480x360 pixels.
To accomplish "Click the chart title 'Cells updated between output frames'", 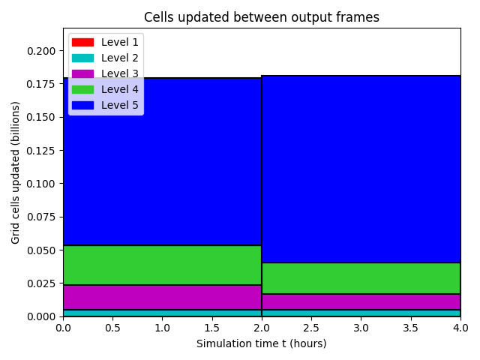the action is (x=262, y=17).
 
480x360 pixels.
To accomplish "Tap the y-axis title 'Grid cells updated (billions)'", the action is (x=15, y=172).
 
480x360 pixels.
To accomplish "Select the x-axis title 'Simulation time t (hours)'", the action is (x=262, y=343).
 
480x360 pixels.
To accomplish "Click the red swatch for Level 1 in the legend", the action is (x=82, y=42).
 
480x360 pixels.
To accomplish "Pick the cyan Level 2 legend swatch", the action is (x=82, y=58).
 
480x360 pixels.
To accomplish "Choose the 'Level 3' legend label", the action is (x=120, y=73).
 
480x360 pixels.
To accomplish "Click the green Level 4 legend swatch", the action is (x=82, y=89).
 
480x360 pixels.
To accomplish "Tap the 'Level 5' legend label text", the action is (x=120, y=105).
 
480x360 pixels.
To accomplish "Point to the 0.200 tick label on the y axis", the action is (x=41, y=51).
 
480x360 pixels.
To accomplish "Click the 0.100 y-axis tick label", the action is (x=41, y=184).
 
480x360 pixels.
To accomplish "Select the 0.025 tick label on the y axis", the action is (x=41, y=283).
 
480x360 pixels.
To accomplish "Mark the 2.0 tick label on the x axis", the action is (x=262, y=328).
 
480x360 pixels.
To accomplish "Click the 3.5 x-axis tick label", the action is (x=410, y=328).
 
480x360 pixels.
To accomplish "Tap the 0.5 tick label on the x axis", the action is (x=113, y=328).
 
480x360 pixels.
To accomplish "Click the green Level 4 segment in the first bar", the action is (x=163, y=265).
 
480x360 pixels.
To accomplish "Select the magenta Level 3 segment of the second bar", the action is (x=361, y=301).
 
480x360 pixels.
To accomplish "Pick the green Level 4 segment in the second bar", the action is (x=361, y=278).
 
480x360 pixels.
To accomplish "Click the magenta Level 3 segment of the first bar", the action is (x=163, y=297).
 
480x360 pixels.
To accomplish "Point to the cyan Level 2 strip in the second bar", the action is (x=361, y=313).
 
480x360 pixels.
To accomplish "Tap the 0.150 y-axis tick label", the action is (x=41, y=117).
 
